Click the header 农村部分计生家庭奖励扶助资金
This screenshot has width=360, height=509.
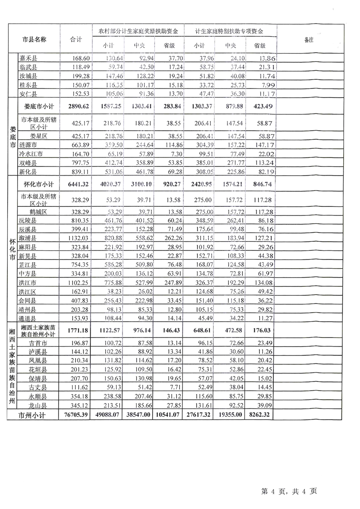click(x=138, y=31)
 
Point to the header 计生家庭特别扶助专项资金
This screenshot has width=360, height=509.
click(x=229, y=31)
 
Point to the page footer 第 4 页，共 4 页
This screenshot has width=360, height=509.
click(x=289, y=491)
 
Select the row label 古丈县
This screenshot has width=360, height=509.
click(x=37, y=387)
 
